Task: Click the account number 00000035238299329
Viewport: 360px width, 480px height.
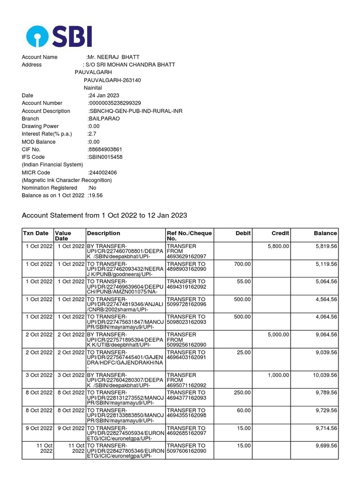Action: [x=115, y=103]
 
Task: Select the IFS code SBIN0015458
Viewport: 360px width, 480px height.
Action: [x=105, y=157]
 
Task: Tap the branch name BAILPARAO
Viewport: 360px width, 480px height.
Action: [x=104, y=119]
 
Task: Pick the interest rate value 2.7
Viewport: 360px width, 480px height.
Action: [x=91, y=134]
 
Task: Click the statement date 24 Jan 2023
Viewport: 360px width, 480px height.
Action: [x=104, y=96]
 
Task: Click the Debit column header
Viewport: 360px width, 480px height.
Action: [x=243, y=233]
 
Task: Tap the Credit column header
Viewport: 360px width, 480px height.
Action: [x=280, y=233]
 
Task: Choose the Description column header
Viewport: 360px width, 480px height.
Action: [x=104, y=233]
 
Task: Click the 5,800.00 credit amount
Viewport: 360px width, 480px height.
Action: [x=278, y=246]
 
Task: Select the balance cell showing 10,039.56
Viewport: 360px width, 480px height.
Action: [x=322, y=375]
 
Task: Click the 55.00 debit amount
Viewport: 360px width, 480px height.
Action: [x=244, y=281]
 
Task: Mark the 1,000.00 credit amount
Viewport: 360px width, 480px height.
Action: [x=278, y=375]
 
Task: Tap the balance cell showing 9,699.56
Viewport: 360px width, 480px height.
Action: [x=324, y=446]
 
